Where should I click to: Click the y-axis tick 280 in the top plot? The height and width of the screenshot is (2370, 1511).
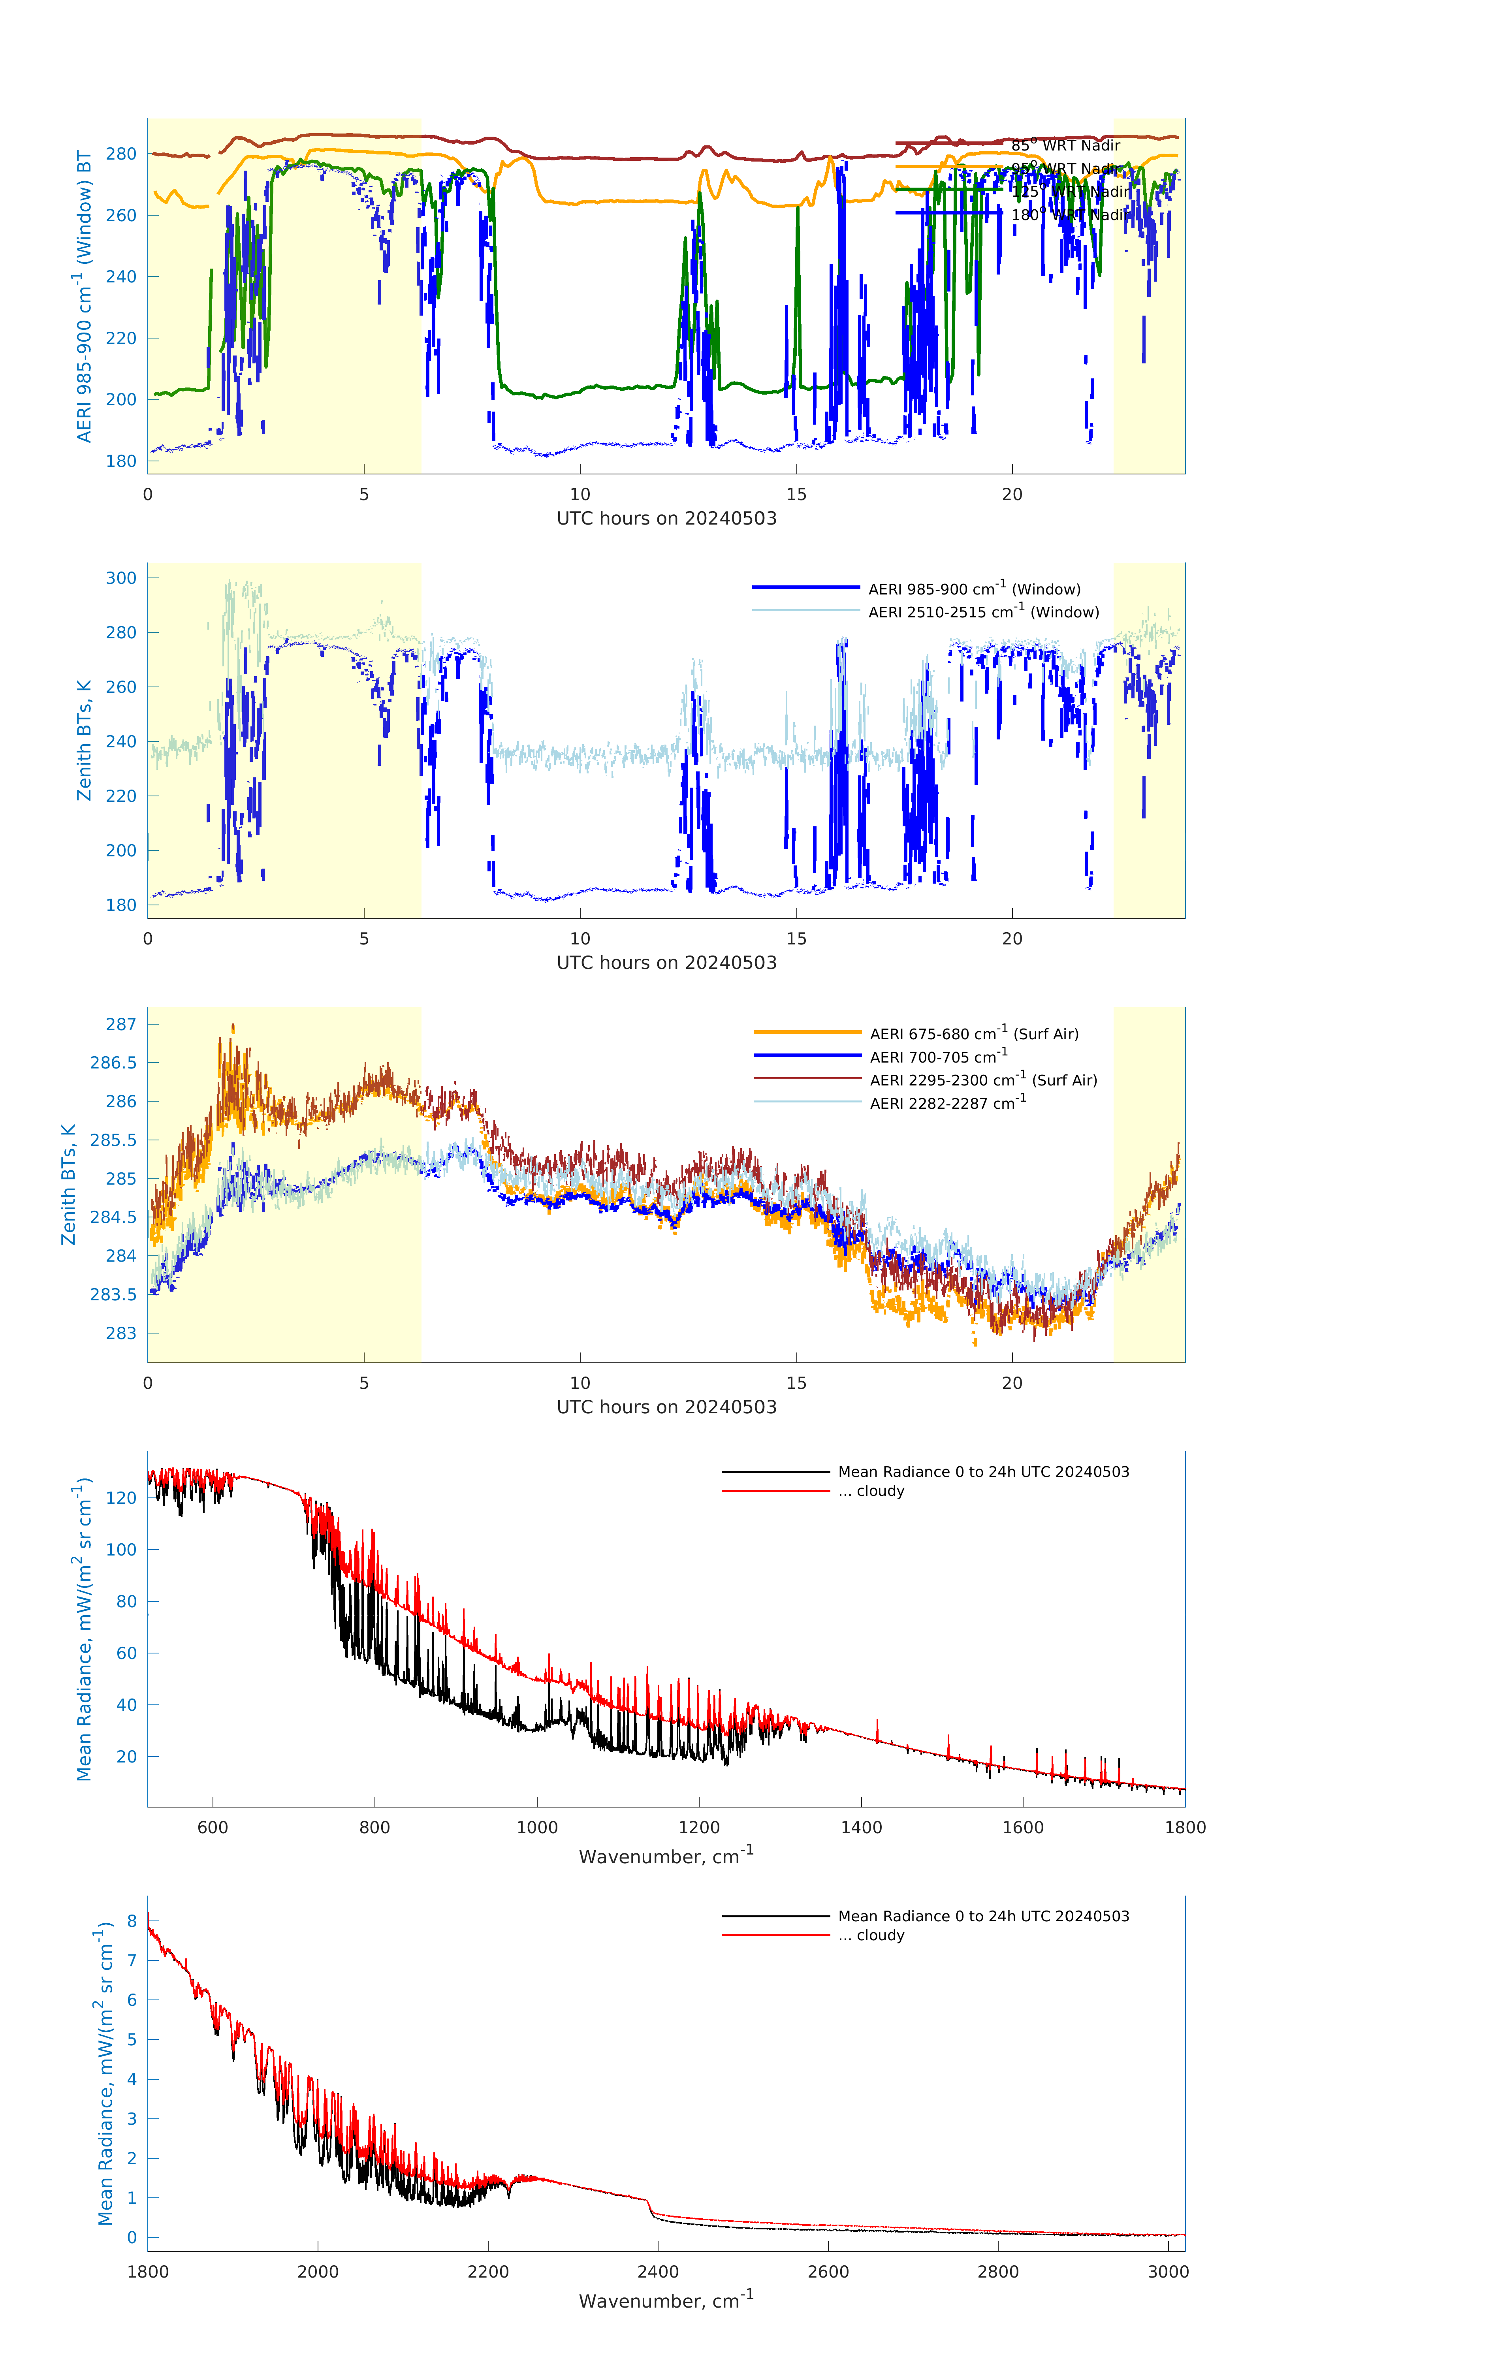(x=121, y=154)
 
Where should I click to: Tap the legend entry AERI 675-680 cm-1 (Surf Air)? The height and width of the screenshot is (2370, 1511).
(x=973, y=1033)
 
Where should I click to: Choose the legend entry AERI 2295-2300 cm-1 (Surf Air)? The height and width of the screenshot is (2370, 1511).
(x=982, y=1080)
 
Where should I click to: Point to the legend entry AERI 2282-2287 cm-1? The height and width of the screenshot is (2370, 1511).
(x=947, y=1103)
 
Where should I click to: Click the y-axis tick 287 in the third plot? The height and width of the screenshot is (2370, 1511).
(x=121, y=1025)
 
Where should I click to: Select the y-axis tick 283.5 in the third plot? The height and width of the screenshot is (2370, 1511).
(x=113, y=1294)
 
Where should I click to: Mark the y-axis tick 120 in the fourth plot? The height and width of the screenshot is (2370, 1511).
(x=121, y=1498)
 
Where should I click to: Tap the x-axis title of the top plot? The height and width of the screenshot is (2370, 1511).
(x=666, y=519)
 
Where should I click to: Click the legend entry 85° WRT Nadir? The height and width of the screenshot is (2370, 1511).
(x=1065, y=146)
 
